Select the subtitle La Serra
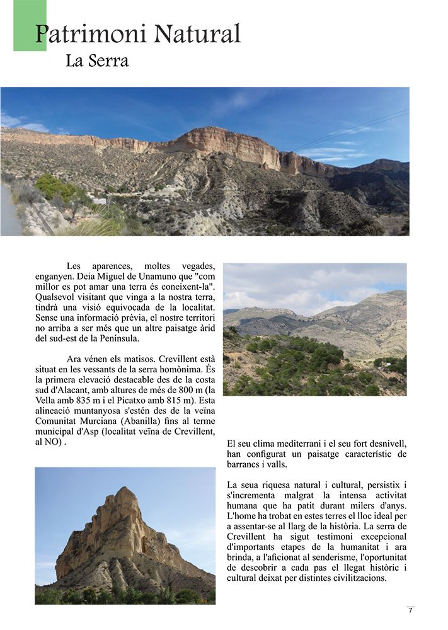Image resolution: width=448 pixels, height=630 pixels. point(97,62)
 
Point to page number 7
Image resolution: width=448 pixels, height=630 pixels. point(410,610)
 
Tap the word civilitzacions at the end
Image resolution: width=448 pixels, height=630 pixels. point(357,578)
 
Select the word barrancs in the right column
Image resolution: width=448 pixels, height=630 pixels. point(246,464)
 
